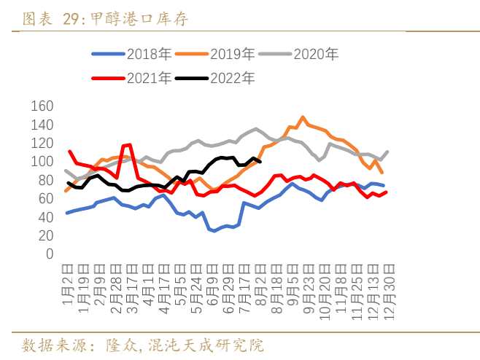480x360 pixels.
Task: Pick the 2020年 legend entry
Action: (316, 54)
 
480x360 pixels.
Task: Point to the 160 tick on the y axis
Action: (42, 106)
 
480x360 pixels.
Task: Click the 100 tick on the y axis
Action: (42, 162)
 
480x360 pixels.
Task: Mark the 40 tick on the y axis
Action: (46, 217)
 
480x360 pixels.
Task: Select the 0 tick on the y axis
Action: (49, 254)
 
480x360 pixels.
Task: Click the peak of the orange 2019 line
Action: (302, 117)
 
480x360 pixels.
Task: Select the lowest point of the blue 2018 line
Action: (214, 231)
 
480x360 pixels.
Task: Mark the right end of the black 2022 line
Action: (260, 162)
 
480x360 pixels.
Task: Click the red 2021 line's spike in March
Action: (129, 144)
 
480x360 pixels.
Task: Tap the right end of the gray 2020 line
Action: (387, 152)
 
